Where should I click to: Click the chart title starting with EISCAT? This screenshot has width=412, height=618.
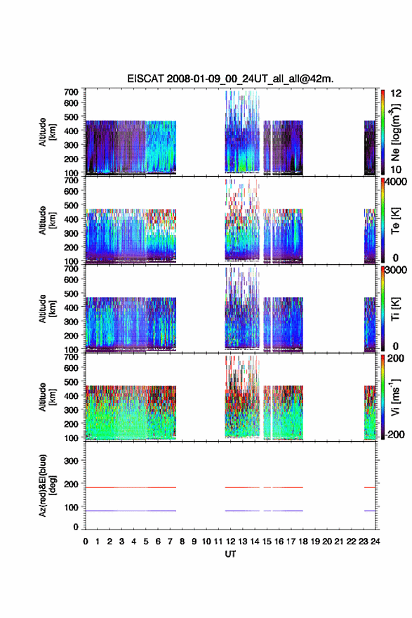pyautogui.click(x=230, y=79)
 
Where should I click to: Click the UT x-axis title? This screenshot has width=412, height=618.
pyautogui.click(x=230, y=554)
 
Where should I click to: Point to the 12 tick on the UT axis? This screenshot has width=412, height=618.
pyautogui.click(x=230, y=541)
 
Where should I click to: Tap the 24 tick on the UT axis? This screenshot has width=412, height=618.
pyautogui.click(x=375, y=541)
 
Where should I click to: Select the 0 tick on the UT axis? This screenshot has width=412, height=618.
pyautogui.click(x=86, y=541)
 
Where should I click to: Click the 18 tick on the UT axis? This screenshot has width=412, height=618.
pyautogui.click(x=303, y=541)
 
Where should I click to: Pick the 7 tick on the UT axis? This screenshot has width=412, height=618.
pyautogui.click(x=170, y=541)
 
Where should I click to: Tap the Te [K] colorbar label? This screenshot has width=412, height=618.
pyautogui.click(x=395, y=221)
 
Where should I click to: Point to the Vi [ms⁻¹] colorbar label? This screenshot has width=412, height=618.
pyautogui.click(x=395, y=397)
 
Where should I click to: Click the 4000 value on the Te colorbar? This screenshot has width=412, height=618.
pyautogui.click(x=397, y=182)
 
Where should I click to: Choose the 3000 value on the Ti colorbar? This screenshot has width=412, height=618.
pyautogui.click(x=397, y=270)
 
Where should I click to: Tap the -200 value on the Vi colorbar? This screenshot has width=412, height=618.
pyautogui.click(x=395, y=434)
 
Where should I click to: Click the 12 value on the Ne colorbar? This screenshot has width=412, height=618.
pyautogui.click(x=396, y=93)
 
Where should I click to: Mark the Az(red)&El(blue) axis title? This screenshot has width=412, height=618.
pyautogui.click(x=46, y=485)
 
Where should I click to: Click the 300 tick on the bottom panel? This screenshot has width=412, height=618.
pyautogui.click(x=71, y=461)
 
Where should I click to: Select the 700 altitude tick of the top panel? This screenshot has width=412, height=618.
pyautogui.click(x=71, y=92)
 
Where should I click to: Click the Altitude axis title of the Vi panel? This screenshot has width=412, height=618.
pyautogui.click(x=47, y=397)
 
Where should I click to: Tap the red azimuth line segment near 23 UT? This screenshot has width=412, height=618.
pyautogui.click(x=369, y=487)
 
